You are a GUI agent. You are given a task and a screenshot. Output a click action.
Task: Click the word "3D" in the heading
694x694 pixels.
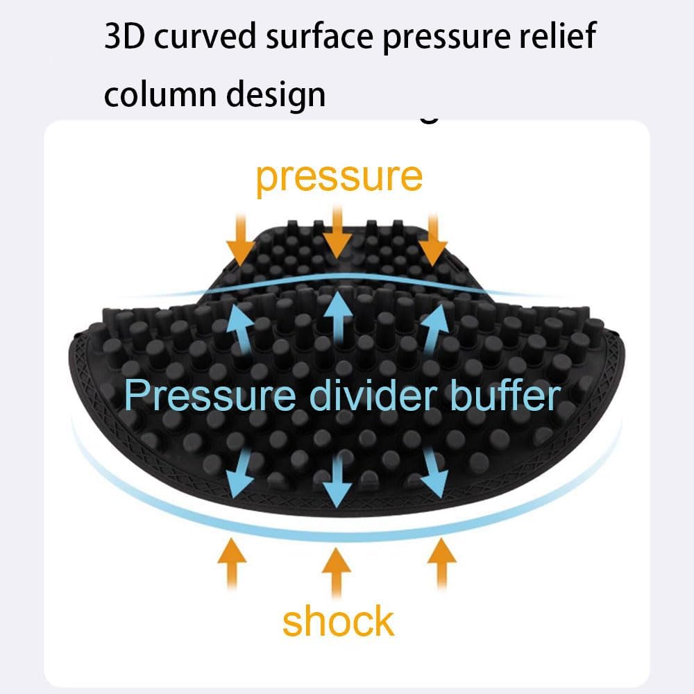(x=124, y=36)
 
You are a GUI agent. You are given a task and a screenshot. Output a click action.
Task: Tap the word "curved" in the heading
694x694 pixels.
(x=205, y=35)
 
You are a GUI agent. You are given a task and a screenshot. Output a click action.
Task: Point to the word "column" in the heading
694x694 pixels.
(x=160, y=94)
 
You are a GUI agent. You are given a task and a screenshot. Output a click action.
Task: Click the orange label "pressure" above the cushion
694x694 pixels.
(x=339, y=178)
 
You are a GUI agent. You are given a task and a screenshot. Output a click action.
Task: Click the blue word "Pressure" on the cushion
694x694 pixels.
(x=210, y=395)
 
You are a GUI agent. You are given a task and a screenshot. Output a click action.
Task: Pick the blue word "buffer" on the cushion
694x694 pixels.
(x=505, y=394)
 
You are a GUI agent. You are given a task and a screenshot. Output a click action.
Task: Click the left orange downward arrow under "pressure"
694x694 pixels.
(x=241, y=239)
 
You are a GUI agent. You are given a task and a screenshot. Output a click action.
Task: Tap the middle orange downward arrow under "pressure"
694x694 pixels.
(x=337, y=232)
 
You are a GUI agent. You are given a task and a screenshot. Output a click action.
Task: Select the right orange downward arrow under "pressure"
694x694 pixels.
(x=433, y=239)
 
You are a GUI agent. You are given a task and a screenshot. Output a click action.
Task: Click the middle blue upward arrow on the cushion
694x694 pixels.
(x=338, y=318)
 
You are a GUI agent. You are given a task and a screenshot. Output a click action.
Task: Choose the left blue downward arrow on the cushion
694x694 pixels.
(x=240, y=473)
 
